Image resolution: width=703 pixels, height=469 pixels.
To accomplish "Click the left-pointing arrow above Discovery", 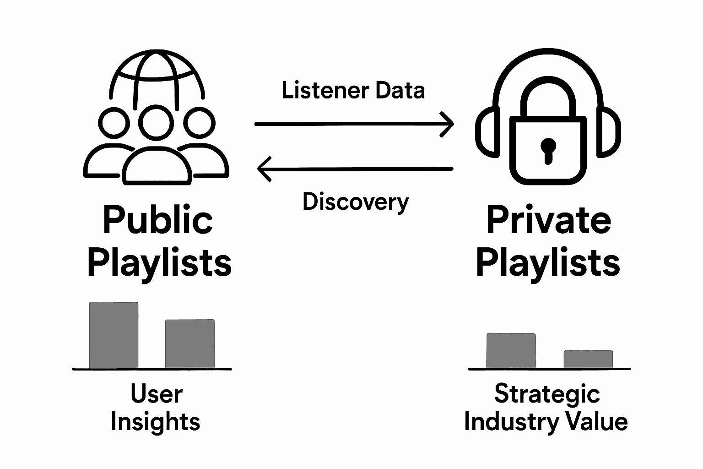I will [355, 169].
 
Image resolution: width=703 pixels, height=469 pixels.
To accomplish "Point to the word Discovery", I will [356, 202].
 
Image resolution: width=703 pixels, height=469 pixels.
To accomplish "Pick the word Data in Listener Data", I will [400, 90].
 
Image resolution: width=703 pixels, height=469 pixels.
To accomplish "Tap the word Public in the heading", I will [158, 220].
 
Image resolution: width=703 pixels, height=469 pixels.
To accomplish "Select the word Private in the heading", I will [548, 220].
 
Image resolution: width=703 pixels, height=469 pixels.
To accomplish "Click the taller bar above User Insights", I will [114, 335].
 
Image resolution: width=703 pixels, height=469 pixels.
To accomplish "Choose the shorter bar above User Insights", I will [189, 344].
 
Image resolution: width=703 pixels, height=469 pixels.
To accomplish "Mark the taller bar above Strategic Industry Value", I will [511, 350].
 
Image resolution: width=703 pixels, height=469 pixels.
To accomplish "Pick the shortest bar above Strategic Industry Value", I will [588, 359].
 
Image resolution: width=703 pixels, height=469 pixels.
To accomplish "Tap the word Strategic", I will [547, 394].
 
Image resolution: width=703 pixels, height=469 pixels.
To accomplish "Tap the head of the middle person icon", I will [156, 122].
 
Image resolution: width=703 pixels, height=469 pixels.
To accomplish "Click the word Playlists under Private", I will [548, 263].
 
